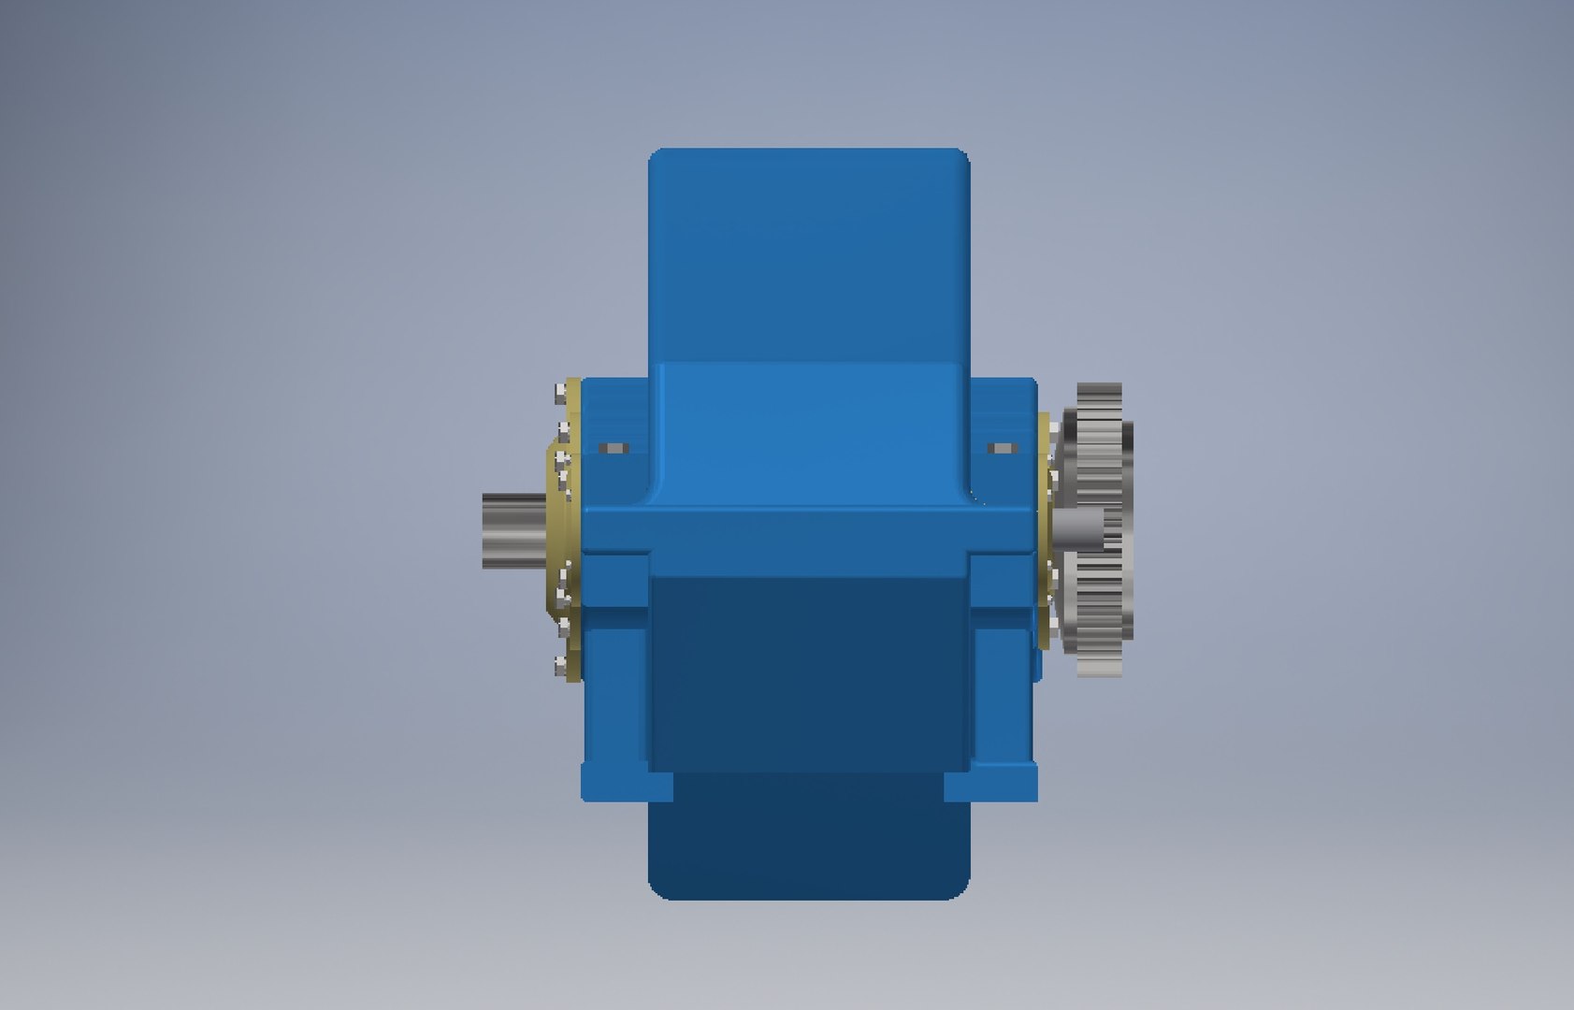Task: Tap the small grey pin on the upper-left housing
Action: pos(614,450)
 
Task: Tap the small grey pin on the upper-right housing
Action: pos(1002,450)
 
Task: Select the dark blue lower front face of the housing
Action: pos(809,673)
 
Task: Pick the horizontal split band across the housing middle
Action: pos(809,529)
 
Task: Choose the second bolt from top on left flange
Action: pos(563,427)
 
